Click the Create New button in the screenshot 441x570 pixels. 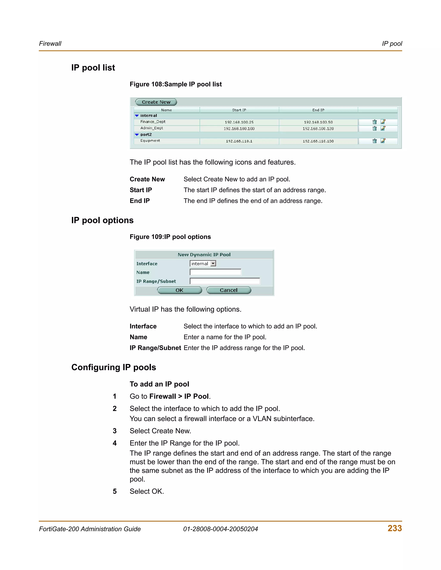click(x=156, y=102)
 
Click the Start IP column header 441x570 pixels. click(x=239, y=110)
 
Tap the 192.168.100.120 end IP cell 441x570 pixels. click(x=318, y=129)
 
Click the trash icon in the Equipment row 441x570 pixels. click(x=374, y=141)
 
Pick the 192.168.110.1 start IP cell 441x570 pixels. click(x=239, y=141)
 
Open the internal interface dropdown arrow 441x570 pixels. click(x=213, y=264)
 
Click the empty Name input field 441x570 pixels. click(x=215, y=272)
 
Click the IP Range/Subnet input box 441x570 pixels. click(x=225, y=281)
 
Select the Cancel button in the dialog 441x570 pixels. click(x=229, y=290)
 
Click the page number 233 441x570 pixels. click(x=394, y=528)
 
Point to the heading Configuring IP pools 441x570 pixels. click(x=114, y=367)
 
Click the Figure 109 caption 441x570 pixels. click(x=170, y=237)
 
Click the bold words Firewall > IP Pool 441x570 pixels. click(x=179, y=396)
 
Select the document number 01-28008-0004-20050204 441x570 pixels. click(x=220, y=529)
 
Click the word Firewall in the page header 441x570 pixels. click(x=50, y=44)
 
